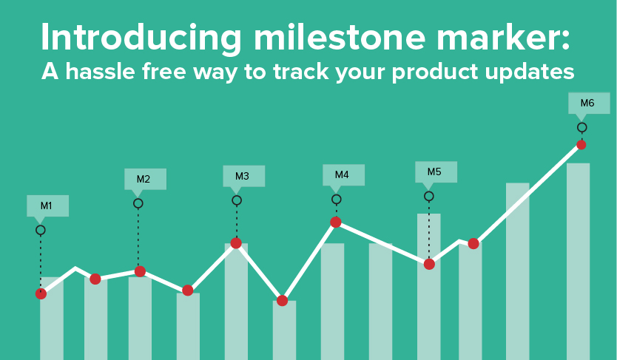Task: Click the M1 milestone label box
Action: [x=47, y=206]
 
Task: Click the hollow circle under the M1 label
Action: [x=41, y=230]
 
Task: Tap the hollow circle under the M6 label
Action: [x=582, y=127]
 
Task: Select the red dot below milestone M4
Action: [x=336, y=222]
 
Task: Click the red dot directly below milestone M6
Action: [x=581, y=145]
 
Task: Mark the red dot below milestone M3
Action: [x=236, y=243]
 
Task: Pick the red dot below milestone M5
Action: [x=429, y=264]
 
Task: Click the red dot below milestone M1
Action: [x=41, y=293]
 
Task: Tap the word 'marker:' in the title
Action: [x=503, y=38]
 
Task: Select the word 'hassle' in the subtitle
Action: [x=101, y=72]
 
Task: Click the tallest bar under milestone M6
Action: [x=578, y=262]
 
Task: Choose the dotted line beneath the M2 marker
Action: [x=138, y=237]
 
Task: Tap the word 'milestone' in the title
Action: [x=340, y=38]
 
